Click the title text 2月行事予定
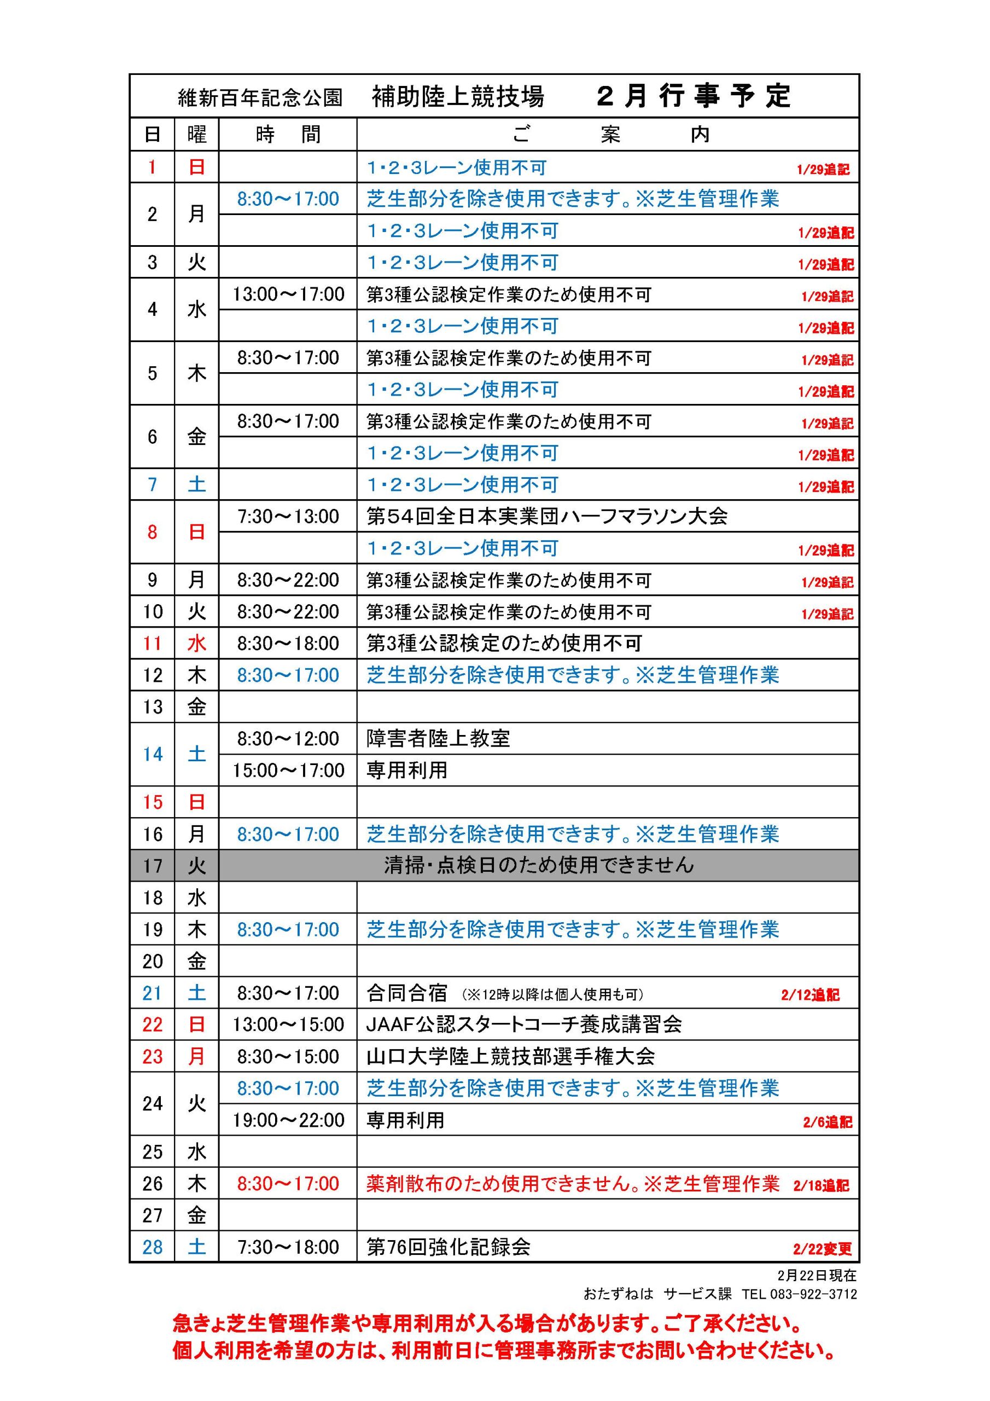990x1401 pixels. [694, 96]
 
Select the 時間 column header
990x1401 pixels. [287, 134]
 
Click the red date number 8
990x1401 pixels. [152, 532]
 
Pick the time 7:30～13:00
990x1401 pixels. [288, 517]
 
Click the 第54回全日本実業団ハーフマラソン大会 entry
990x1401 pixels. [546, 517]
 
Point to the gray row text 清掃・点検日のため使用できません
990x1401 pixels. [539, 865]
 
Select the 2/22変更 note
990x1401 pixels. [822, 1249]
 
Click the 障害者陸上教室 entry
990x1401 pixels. [438, 739]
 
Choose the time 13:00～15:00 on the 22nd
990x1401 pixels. [288, 1024]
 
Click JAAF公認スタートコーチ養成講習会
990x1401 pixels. [523, 1024]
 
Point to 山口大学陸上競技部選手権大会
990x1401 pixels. [510, 1056]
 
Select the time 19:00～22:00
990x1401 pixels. [288, 1120]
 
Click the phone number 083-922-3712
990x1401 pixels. [813, 1294]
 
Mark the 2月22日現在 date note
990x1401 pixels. [817, 1276]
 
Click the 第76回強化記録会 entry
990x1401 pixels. [449, 1247]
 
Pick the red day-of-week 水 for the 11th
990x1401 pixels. [196, 644]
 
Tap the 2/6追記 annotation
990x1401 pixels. [827, 1122]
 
